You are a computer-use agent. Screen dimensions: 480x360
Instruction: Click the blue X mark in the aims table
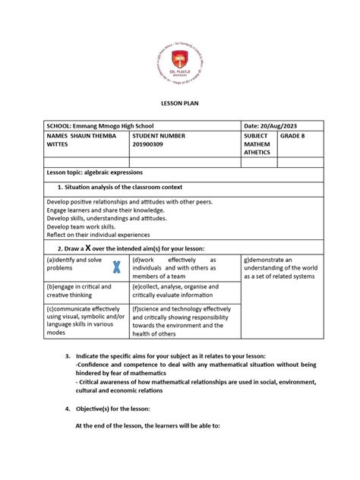116,267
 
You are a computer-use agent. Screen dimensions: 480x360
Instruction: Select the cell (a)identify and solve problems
74,264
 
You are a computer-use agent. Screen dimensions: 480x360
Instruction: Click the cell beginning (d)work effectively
173,269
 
